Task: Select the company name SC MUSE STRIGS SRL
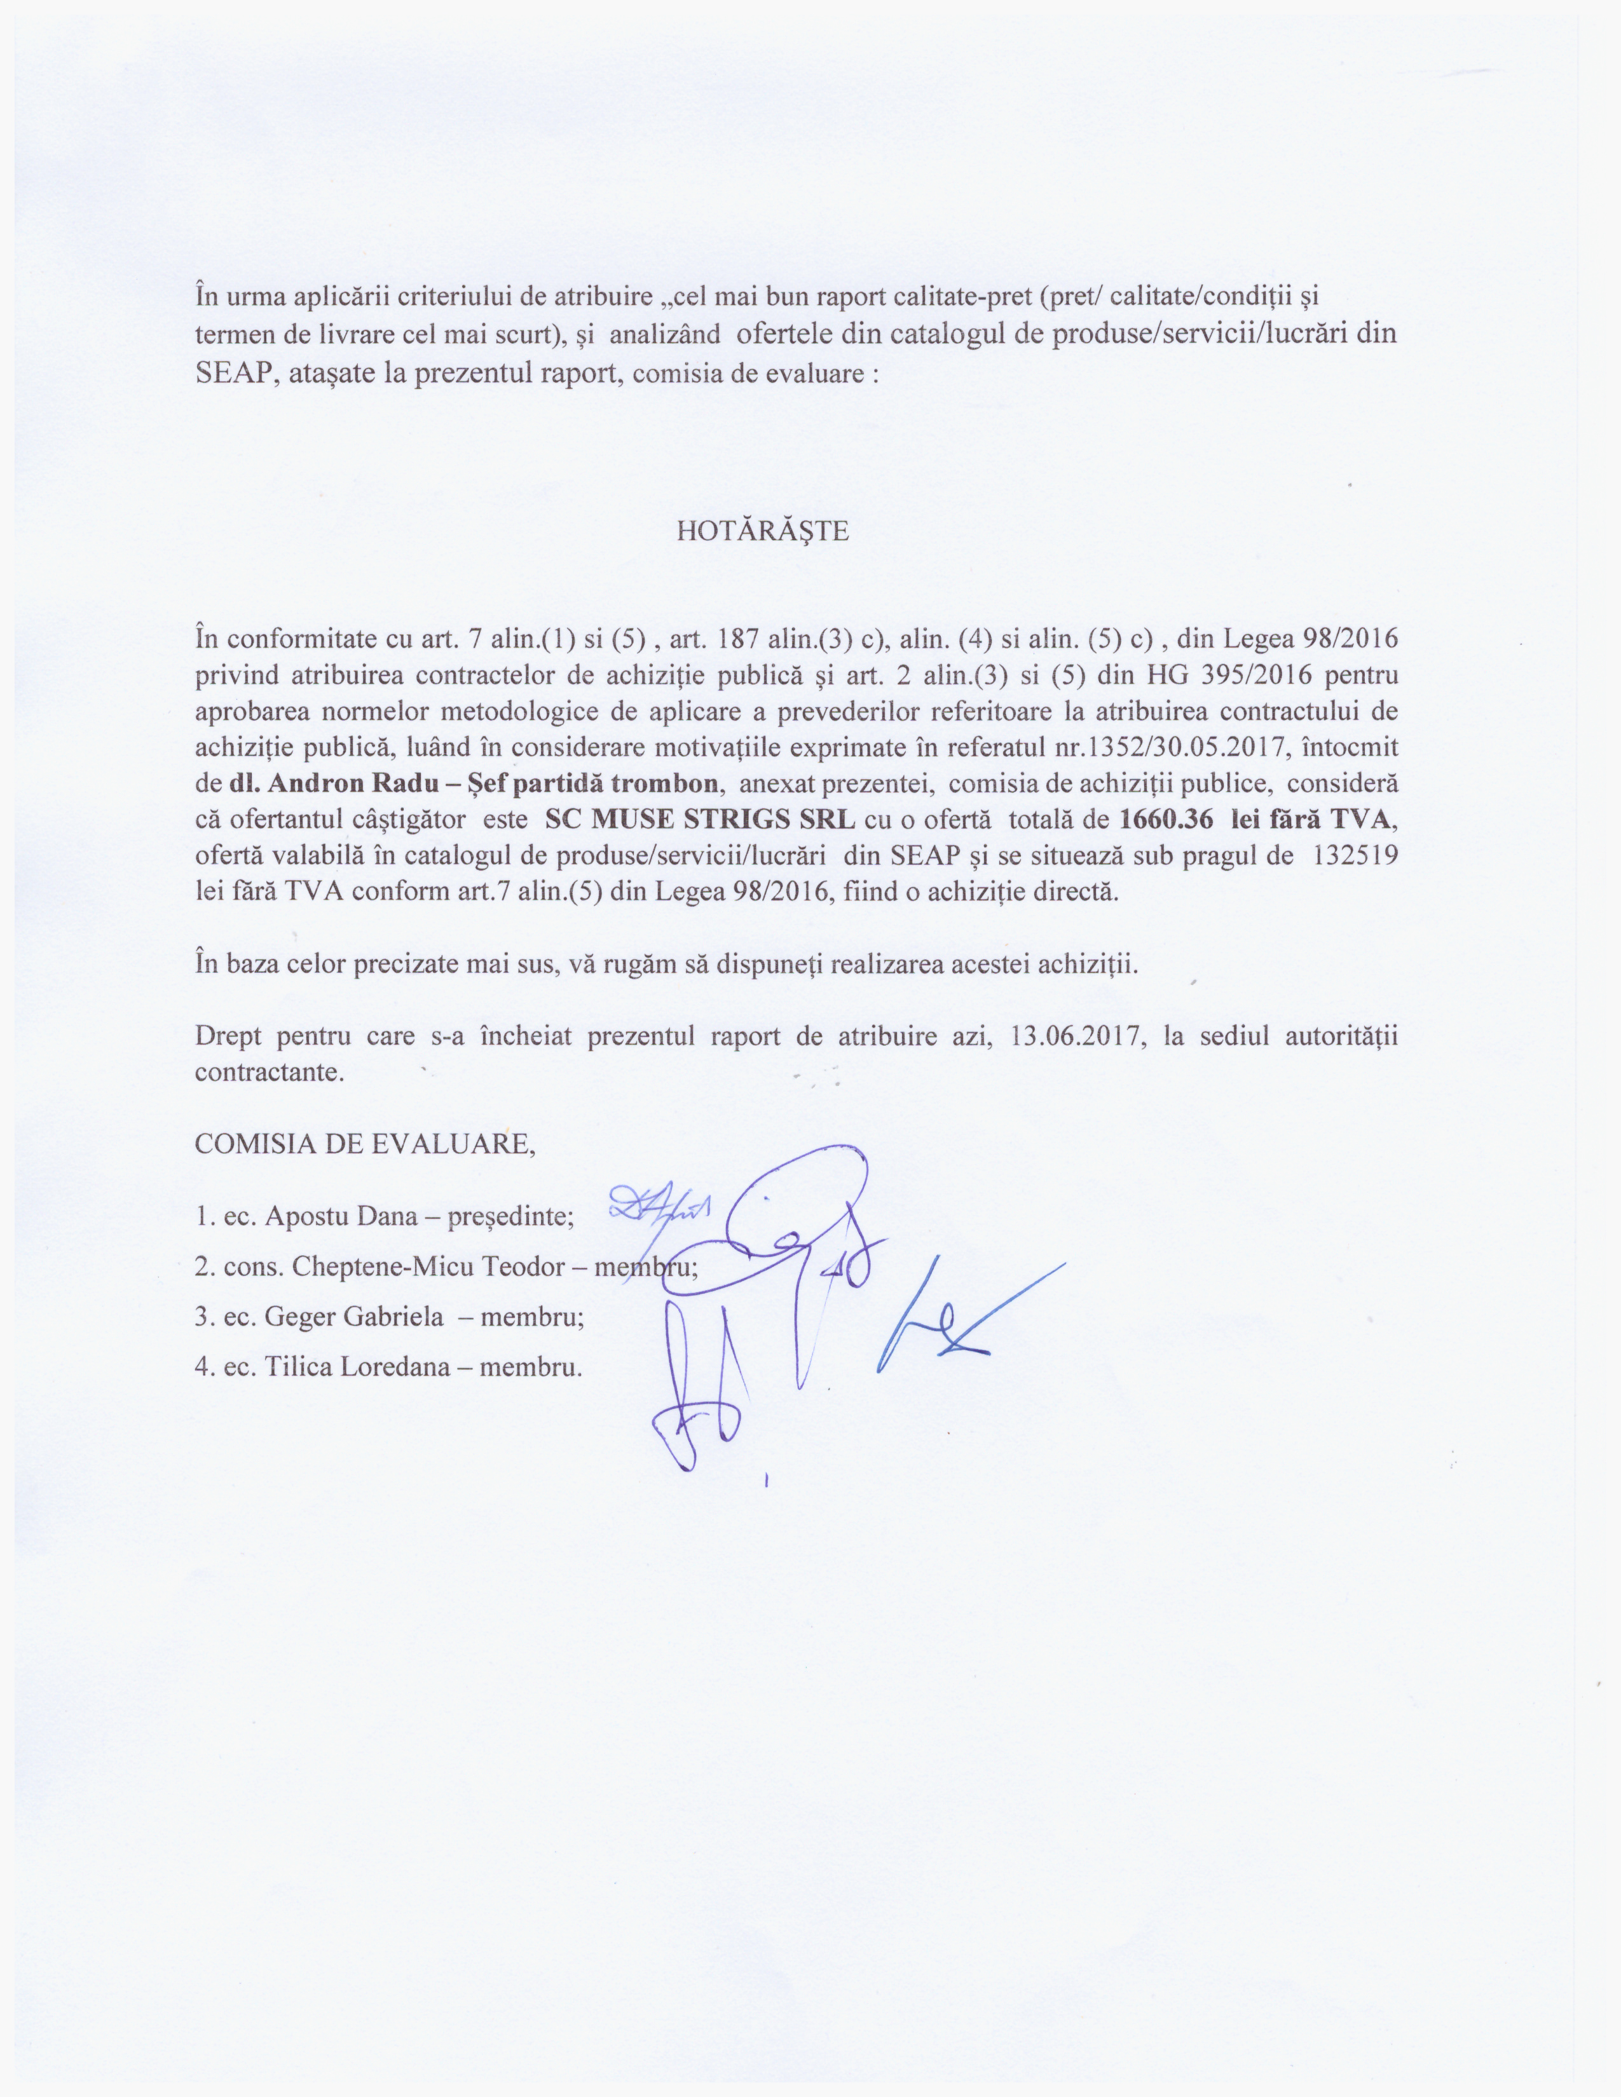pyautogui.click(x=699, y=820)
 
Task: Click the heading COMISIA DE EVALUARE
pyautogui.click(x=365, y=1144)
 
